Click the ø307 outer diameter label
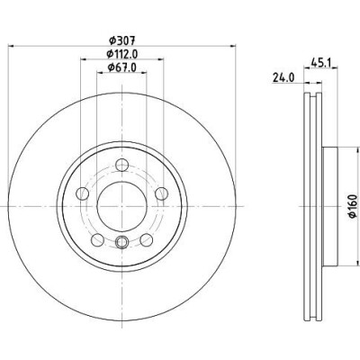point(122,40)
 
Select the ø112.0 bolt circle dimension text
point(122,54)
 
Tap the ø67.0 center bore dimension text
point(121,67)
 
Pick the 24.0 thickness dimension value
point(283,77)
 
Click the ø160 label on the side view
point(353,206)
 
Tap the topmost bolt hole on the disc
point(122,165)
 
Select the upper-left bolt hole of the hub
point(83,193)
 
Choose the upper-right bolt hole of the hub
point(161,193)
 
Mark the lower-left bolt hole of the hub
point(97,240)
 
